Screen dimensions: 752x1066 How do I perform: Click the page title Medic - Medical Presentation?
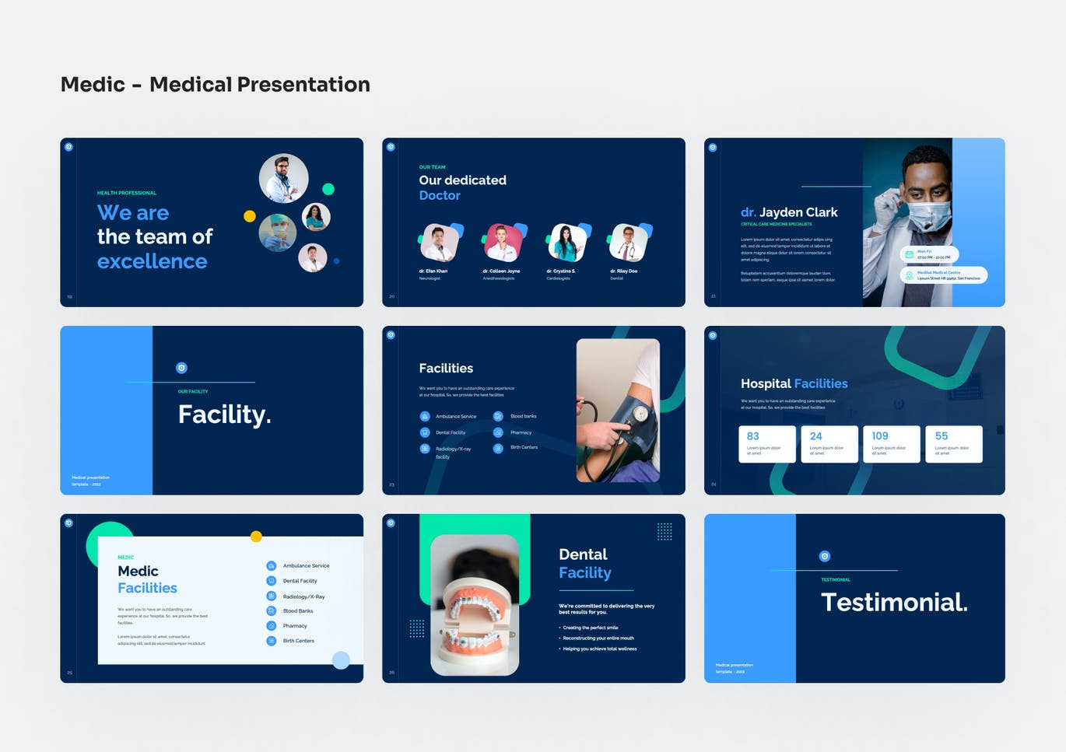pos(215,84)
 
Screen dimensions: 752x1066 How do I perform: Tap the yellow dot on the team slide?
pos(250,216)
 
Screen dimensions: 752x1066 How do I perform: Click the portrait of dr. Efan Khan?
pos(439,243)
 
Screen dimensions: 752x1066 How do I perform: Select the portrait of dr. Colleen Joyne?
pos(503,243)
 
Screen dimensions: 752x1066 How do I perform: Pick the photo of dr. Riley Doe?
pos(629,243)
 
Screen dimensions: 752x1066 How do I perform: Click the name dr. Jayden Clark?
pos(789,212)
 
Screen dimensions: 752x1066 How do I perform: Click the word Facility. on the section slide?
pos(224,414)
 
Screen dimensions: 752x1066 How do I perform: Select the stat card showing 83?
pos(766,444)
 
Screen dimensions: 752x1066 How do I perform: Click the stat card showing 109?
pos(891,444)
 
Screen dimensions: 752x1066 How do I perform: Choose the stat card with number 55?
pos(953,444)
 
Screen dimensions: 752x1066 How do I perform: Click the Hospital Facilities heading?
pos(794,383)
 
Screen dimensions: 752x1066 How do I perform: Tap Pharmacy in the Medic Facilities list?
pos(295,626)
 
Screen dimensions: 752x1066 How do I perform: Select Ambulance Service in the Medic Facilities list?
pos(306,566)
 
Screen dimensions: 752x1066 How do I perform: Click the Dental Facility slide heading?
pos(584,564)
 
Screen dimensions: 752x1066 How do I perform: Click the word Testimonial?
pos(894,602)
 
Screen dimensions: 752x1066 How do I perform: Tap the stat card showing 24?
pos(829,444)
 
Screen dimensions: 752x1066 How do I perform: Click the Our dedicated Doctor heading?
pos(462,187)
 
